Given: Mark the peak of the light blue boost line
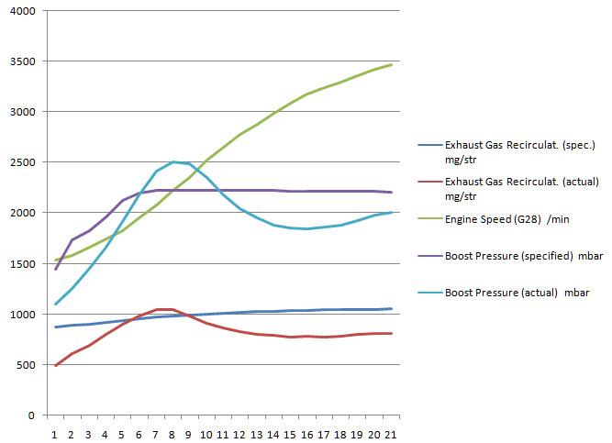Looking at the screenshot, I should [x=172, y=162].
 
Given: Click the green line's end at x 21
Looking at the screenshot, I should [x=391, y=65].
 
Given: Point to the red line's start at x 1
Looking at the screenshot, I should [x=55, y=366].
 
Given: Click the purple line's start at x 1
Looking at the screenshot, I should [x=55, y=270].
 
